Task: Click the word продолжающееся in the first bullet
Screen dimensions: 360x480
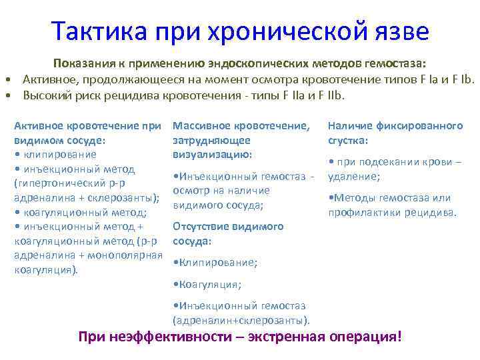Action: click(119, 80)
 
